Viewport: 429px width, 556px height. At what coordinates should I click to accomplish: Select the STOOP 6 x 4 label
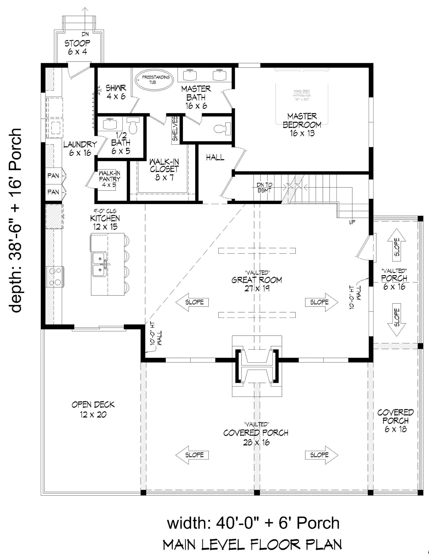coord(77,47)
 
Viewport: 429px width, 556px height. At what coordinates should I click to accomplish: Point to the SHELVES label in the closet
coord(175,129)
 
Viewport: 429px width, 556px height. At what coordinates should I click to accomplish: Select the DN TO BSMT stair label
coord(264,187)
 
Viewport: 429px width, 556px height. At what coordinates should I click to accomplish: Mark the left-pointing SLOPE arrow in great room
coord(192,302)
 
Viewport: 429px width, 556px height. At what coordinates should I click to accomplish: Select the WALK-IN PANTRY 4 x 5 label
coord(109,179)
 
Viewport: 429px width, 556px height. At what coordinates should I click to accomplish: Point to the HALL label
coord(215,158)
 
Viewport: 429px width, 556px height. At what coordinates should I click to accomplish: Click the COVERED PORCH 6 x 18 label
coord(395,421)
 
